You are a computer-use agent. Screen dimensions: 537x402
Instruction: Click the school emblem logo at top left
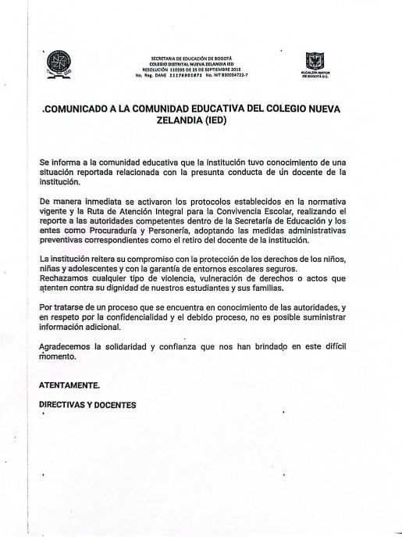pos(59,63)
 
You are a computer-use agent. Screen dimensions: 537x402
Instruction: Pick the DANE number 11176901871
pos(185,74)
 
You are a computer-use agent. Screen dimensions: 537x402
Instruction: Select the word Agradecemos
pos(70,345)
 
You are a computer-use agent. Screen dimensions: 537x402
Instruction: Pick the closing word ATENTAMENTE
pos(69,385)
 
